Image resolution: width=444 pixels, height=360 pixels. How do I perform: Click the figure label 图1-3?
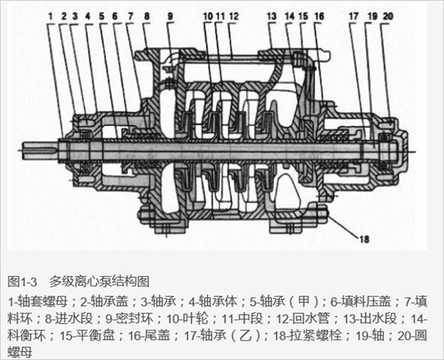[x=22, y=281]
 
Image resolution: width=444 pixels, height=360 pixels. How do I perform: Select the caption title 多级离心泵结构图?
[x=100, y=281]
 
